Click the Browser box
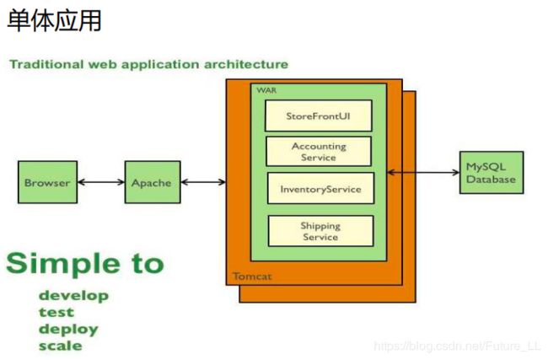coord(47,182)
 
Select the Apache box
coord(153,182)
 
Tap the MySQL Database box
coord(492,172)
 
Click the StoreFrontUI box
coord(319,116)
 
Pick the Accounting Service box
coord(319,152)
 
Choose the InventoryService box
coord(321,188)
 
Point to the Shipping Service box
coord(321,231)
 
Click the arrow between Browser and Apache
coord(101,182)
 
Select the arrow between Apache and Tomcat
coord(203,182)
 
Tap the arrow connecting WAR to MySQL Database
coord(423,172)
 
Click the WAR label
coord(266,90)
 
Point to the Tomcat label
coord(252,277)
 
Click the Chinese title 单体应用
coord(55,20)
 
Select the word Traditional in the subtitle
coord(47,64)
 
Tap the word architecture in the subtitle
coord(246,64)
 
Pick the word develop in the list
coord(73,296)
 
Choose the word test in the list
coord(56,312)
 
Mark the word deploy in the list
coord(68,330)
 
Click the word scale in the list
coord(61,346)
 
